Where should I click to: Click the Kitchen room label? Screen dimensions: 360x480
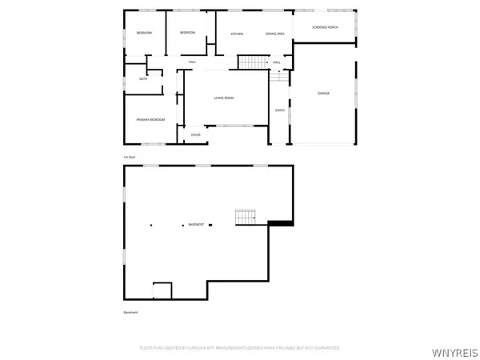237,34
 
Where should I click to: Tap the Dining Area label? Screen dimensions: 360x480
275,34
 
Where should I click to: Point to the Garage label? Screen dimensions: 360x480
323,93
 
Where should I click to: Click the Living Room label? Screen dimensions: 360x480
223,98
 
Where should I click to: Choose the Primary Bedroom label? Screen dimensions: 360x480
150,119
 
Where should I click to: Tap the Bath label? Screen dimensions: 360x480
143,78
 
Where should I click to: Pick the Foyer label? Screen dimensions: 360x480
195,136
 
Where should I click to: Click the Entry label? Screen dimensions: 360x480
280,110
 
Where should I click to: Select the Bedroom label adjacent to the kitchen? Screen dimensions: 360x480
187,33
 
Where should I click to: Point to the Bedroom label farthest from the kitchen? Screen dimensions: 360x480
144,33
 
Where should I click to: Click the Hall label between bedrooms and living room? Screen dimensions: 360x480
193,62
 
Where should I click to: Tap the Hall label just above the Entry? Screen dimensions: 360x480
277,62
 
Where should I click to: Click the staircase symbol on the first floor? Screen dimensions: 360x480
252,62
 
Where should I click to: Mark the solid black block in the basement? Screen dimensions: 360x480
280,223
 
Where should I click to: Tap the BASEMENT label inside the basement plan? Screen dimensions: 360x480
196,225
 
